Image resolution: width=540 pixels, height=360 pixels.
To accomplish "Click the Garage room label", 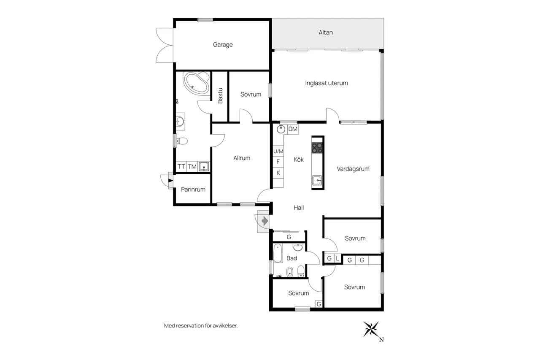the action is click(223, 45).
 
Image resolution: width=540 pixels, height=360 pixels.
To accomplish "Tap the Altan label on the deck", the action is click(326, 32).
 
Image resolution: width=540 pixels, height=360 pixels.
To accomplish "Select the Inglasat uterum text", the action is click(327, 83).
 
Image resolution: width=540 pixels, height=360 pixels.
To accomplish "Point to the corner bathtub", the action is click(197, 83).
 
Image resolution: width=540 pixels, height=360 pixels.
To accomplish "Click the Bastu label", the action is click(220, 96).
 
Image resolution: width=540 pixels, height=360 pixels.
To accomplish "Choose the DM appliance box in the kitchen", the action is click(293, 129).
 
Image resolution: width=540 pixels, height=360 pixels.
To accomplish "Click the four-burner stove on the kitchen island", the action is click(317, 148).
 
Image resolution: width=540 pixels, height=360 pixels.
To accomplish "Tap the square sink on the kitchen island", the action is click(317, 180).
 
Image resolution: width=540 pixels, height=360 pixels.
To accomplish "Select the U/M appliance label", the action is click(278, 151).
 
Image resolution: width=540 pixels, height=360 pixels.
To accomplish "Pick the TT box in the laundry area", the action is click(181, 166).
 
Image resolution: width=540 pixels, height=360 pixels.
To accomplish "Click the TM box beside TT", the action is click(192, 166).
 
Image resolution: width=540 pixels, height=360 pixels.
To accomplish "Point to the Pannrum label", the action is click(193, 189).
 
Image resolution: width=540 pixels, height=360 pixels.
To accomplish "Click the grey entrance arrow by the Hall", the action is click(265, 221).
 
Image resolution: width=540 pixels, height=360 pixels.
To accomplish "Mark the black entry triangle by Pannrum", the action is click(170, 180).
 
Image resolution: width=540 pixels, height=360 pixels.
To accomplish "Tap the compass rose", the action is click(371, 329).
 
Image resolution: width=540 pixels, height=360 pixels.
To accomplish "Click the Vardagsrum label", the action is click(353, 169).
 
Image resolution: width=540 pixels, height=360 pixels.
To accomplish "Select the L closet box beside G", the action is click(337, 259).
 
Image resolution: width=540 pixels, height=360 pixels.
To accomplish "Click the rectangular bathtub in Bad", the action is click(278, 253).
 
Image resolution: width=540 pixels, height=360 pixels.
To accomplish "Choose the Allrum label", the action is click(242, 158).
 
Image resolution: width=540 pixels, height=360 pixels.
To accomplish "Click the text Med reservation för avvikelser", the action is click(201, 326).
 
